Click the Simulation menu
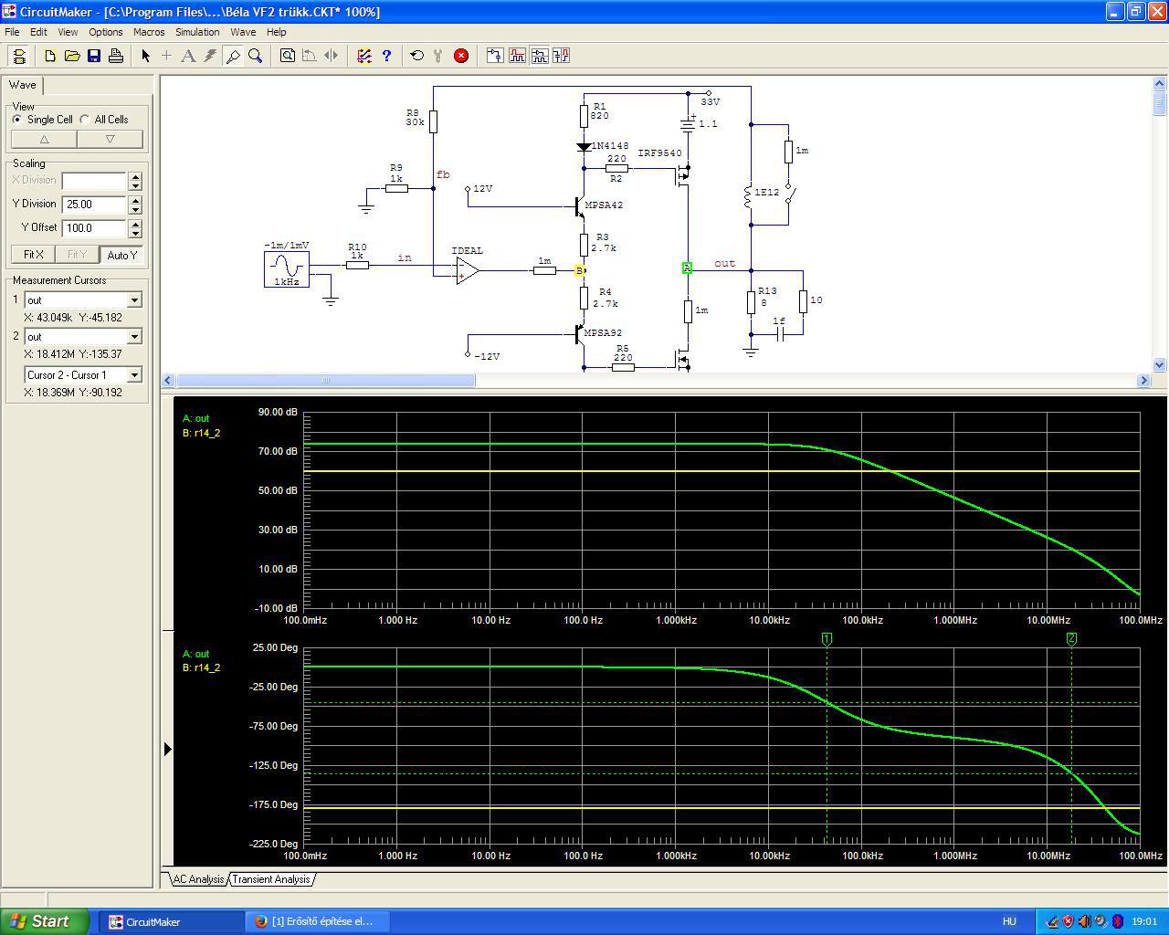pyautogui.click(x=197, y=32)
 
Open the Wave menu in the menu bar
pyautogui.click(x=243, y=32)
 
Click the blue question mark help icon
pyautogui.click(x=386, y=56)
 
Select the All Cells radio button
pyautogui.click(x=85, y=120)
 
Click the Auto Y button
pyautogui.click(x=121, y=255)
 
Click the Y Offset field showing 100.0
pyautogui.click(x=94, y=228)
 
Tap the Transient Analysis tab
pyautogui.click(x=271, y=879)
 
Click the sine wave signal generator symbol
pyautogui.click(x=286, y=269)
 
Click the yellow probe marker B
pyautogui.click(x=579, y=270)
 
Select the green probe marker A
pyautogui.click(x=687, y=268)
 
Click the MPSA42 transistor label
pyautogui.click(x=604, y=205)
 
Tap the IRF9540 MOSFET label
pyautogui.click(x=659, y=153)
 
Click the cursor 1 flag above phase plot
pyautogui.click(x=827, y=639)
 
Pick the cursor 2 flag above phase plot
pyautogui.click(x=1071, y=639)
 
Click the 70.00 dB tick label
pyautogui.click(x=278, y=451)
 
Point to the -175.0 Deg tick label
pyautogui.click(x=273, y=804)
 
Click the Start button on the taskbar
pyautogui.click(x=44, y=921)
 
